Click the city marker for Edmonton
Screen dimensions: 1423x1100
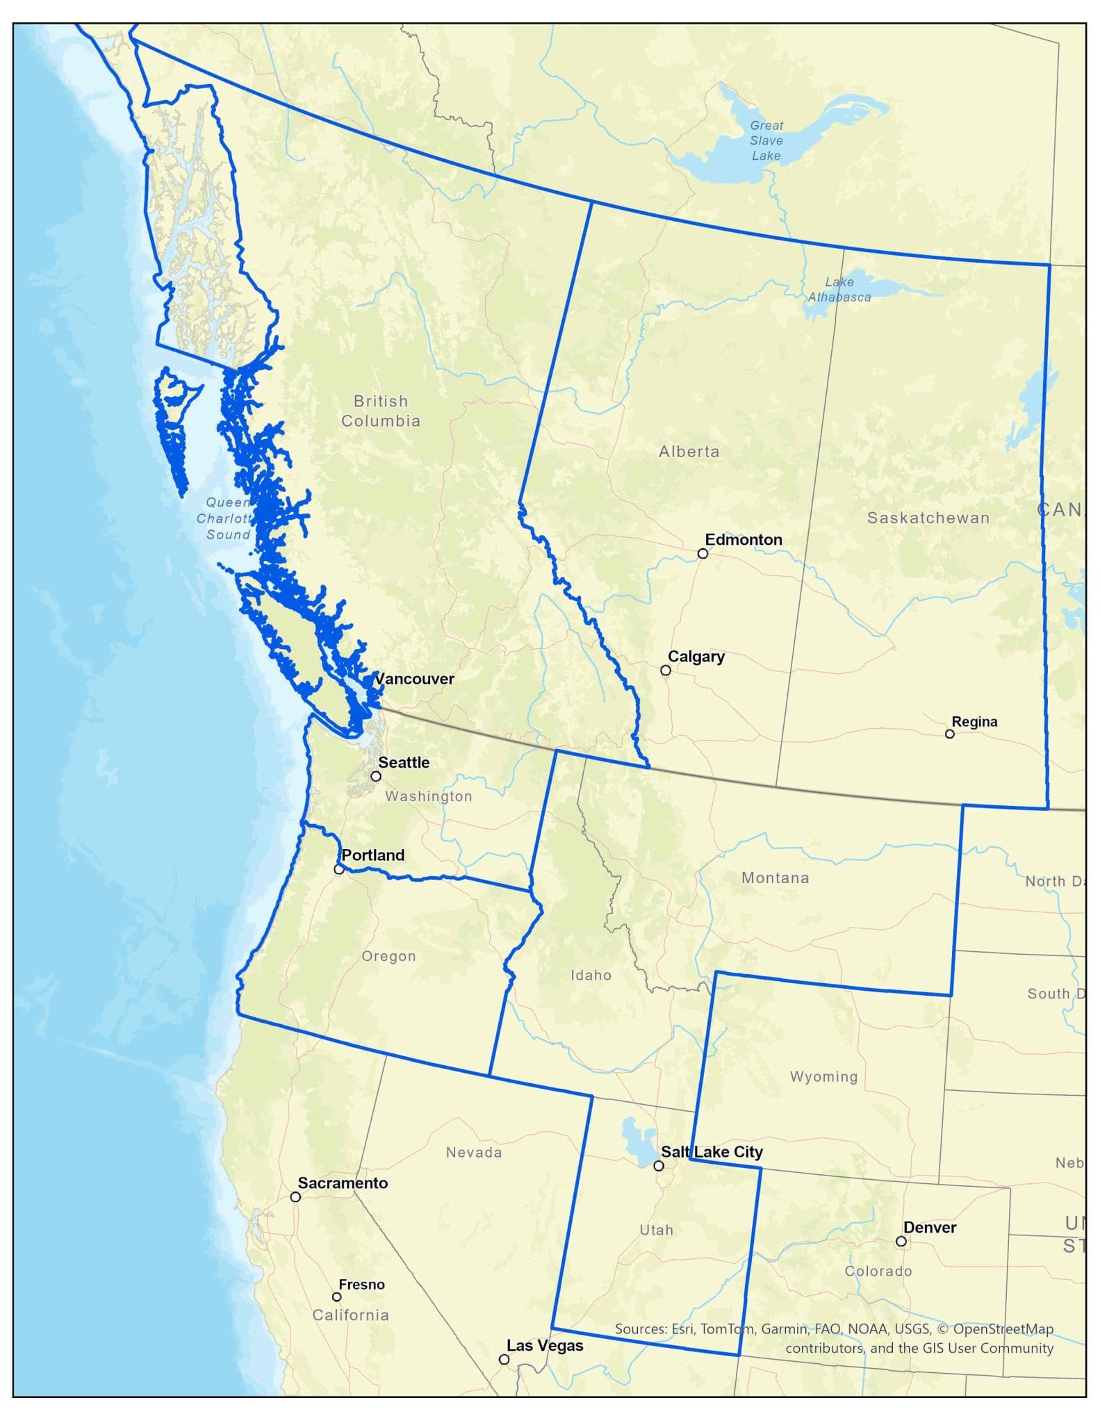(703, 553)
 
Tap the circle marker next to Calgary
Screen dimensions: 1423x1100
(665, 670)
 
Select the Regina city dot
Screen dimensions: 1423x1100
(949, 734)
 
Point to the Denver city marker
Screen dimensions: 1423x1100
(901, 1241)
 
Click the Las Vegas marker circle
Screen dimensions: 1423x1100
(504, 1360)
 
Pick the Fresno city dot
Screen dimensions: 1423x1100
(336, 1297)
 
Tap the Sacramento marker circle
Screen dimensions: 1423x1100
(295, 1196)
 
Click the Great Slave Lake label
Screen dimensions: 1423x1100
(766, 140)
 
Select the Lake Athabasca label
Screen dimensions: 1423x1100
(839, 290)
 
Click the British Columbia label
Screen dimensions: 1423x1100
(380, 411)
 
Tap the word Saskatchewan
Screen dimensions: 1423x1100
(928, 518)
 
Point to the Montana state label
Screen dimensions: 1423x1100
(775, 878)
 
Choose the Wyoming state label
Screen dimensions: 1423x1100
(823, 1076)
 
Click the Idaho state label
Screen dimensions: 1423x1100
(591, 975)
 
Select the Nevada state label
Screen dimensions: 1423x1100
(473, 1152)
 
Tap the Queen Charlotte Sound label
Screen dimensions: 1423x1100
(227, 518)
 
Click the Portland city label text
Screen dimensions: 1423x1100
(372, 855)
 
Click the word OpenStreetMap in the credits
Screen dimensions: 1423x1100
(1003, 1329)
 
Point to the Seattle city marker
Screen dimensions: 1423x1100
(375, 776)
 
